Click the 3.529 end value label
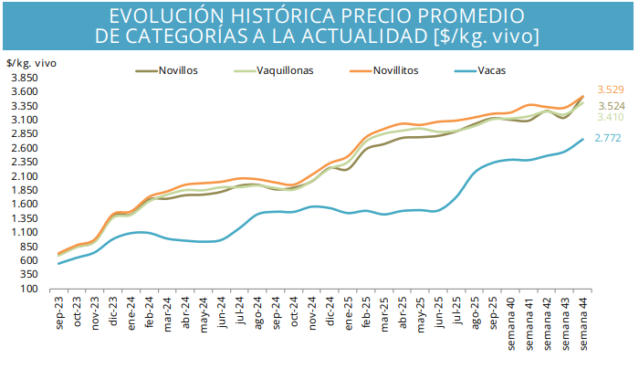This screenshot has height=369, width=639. pyautogui.click(x=610, y=90)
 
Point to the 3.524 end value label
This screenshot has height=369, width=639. pyautogui.click(x=610, y=106)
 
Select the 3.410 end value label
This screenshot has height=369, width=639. pyautogui.click(x=610, y=118)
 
